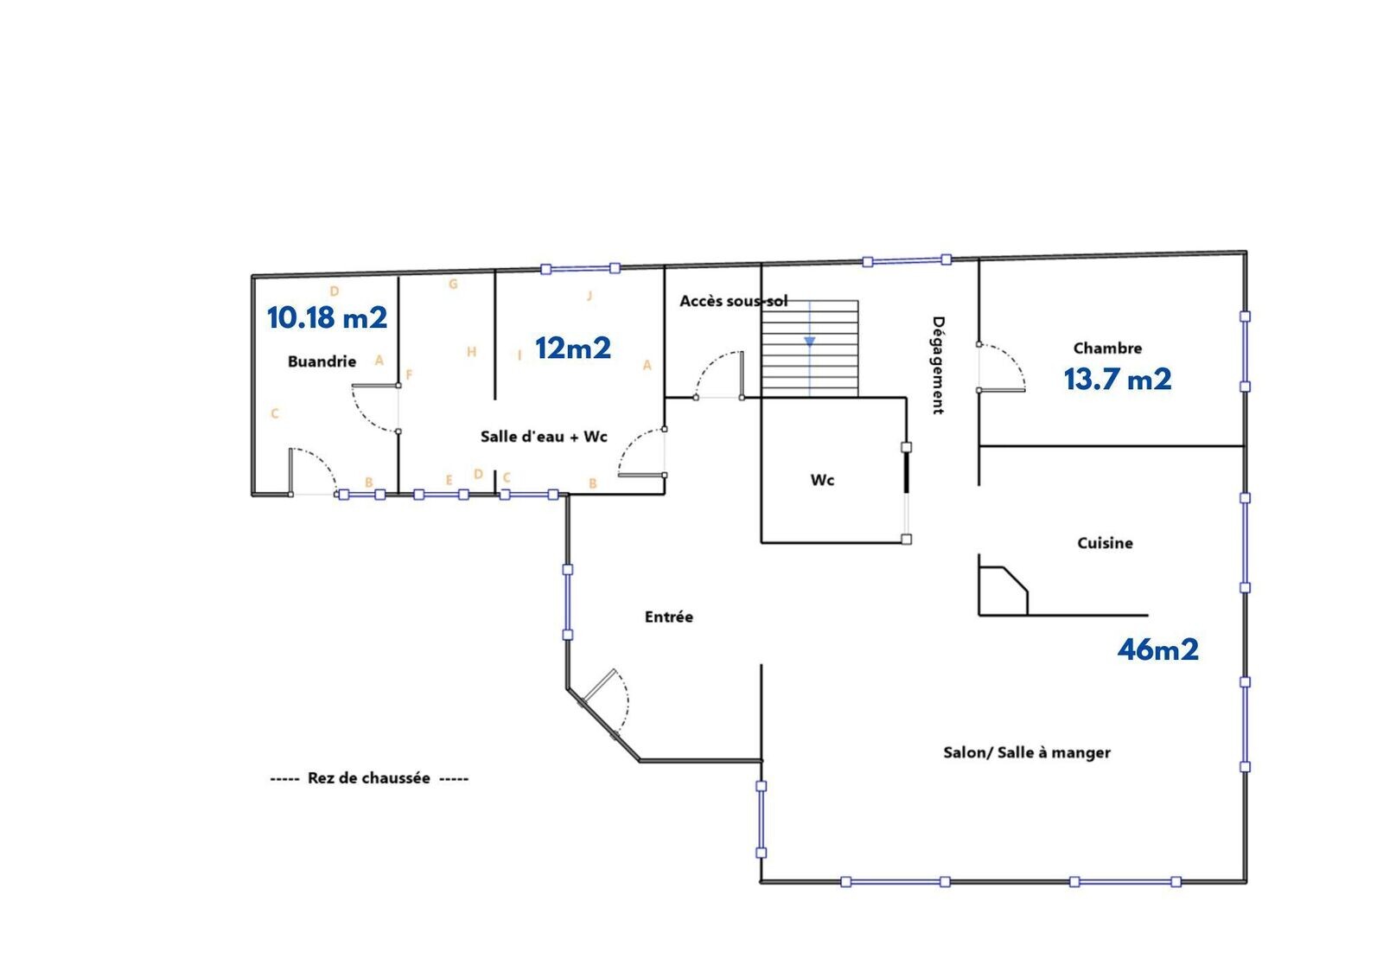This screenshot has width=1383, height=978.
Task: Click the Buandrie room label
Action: click(322, 361)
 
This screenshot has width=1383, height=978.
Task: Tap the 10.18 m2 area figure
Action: click(328, 317)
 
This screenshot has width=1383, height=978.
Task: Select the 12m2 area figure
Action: click(573, 348)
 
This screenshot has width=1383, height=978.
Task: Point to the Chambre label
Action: click(1107, 348)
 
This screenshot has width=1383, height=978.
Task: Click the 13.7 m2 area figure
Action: click(1118, 380)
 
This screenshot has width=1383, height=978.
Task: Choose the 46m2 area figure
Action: click(1157, 649)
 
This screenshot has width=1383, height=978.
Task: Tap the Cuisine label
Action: click(1106, 543)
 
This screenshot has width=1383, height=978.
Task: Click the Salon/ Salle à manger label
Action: click(1027, 752)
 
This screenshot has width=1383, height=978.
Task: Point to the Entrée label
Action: click(669, 617)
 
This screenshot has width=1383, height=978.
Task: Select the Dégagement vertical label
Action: click(938, 365)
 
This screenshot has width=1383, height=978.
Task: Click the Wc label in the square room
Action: click(822, 480)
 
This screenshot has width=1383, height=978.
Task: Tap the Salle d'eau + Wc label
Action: click(544, 437)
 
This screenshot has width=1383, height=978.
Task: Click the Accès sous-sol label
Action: click(734, 301)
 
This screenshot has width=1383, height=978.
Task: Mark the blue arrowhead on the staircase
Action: click(809, 342)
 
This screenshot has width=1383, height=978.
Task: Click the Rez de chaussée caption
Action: click(369, 778)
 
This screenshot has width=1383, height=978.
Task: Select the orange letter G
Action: click(453, 284)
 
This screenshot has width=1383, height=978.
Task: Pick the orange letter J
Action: click(590, 296)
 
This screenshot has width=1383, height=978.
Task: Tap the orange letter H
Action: click(472, 352)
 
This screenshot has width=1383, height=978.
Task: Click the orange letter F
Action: click(409, 374)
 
